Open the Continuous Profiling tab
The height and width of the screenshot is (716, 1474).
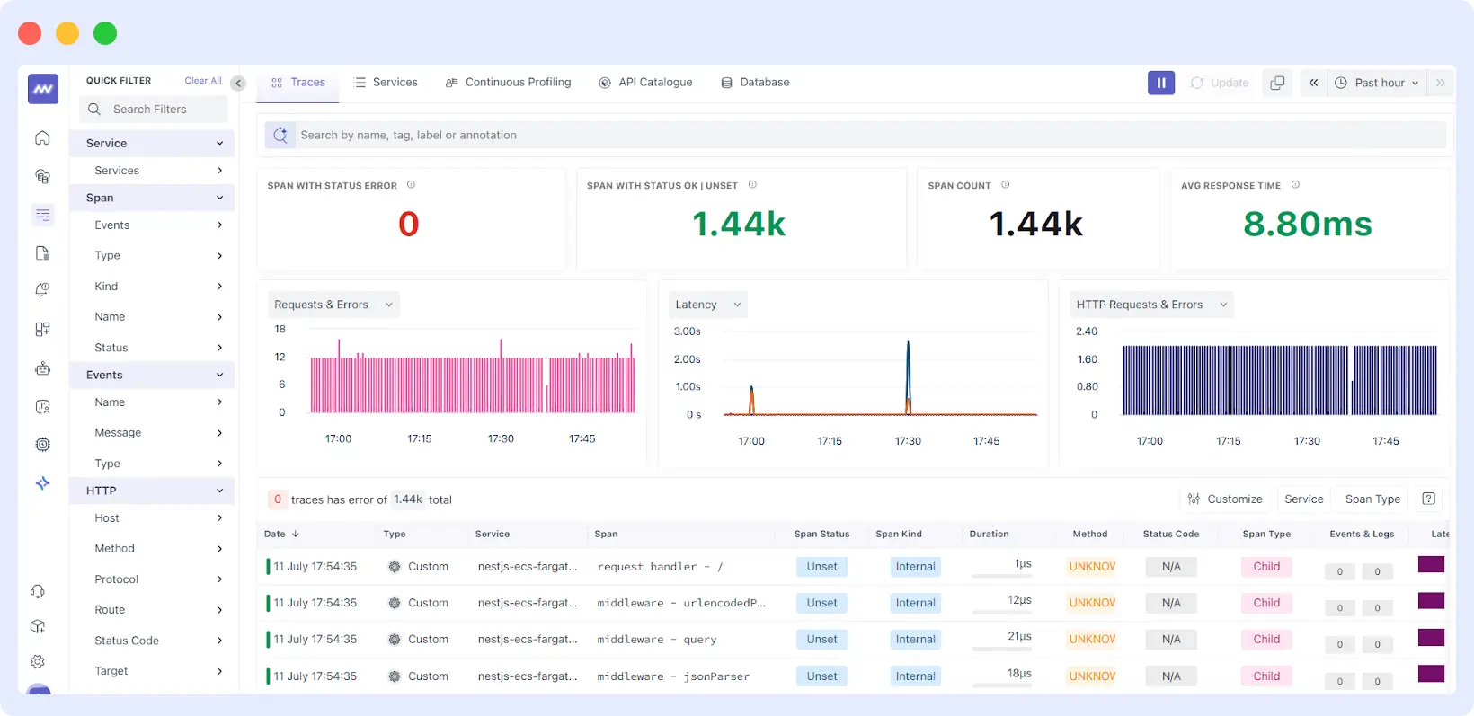click(509, 82)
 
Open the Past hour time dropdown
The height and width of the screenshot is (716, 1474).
click(1377, 83)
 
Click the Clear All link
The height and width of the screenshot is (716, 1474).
click(203, 81)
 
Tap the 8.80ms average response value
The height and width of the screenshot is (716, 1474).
click(1307, 224)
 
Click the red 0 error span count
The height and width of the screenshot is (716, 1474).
click(408, 224)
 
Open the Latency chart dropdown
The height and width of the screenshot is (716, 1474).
click(707, 305)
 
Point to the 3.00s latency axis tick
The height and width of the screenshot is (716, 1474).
click(687, 331)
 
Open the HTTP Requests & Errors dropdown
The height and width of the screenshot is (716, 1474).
click(1150, 305)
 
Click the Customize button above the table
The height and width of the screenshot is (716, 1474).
click(1224, 499)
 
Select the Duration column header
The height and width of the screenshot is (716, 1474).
click(989, 534)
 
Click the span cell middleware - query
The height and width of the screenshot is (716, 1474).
click(656, 640)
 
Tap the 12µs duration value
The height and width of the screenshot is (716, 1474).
click(1019, 600)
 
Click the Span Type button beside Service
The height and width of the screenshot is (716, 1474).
click(1372, 499)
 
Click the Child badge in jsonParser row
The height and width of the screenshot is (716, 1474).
click(1265, 676)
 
